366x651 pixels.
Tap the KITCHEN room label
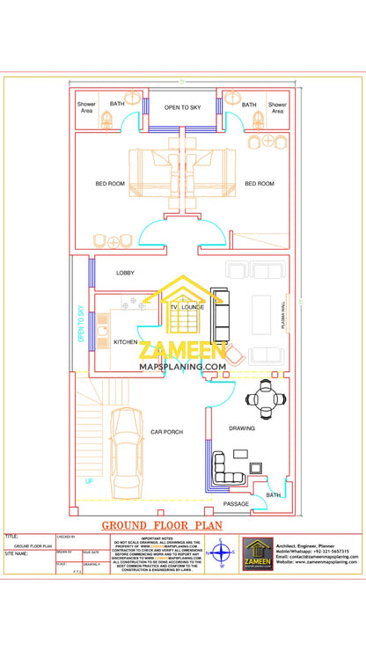(x=126, y=341)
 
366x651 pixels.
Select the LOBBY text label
(x=125, y=273)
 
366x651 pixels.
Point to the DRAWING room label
(x=242, y=428)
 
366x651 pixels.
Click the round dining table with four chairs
(x=265, y=400)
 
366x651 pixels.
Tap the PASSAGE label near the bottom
(x=235, y=504)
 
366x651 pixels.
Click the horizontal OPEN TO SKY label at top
(x=182, y=107)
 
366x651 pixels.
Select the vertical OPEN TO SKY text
(x=80, y=323)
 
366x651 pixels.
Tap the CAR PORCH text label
(x=166, y=432)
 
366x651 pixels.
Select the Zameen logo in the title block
(x=258, y=554)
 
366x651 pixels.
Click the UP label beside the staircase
(x=89, y=481)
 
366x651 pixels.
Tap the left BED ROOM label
(x=110, y=184)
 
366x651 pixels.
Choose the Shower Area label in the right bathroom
(x=277, y=107)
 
